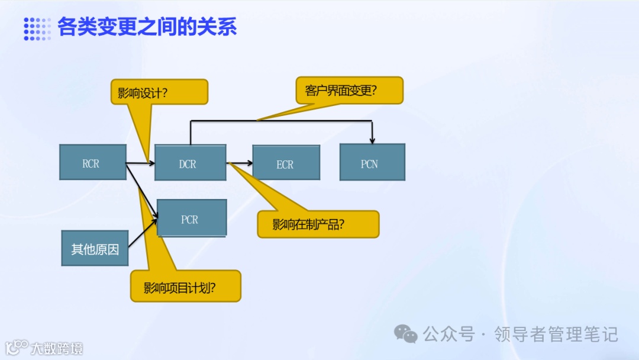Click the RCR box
[x=92, y=162]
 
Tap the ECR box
[x=286, y=163]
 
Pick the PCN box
[x=372, y=162]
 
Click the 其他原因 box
[x=95, y=248]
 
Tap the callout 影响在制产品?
[x=318, y=224]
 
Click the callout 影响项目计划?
[x=185, y=287]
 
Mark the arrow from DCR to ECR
[x=239, y=162]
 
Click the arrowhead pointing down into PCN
[x=372, y=140]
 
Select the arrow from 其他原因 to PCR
[x=142, y=232]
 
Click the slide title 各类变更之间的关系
[x=147, y=27]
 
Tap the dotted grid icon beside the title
[x=37, y=28]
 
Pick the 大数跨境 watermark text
[x=57, y=348]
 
